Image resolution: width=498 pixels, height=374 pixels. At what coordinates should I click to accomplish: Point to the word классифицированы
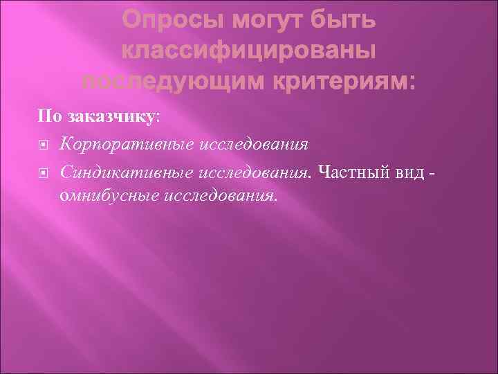[249, 52]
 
